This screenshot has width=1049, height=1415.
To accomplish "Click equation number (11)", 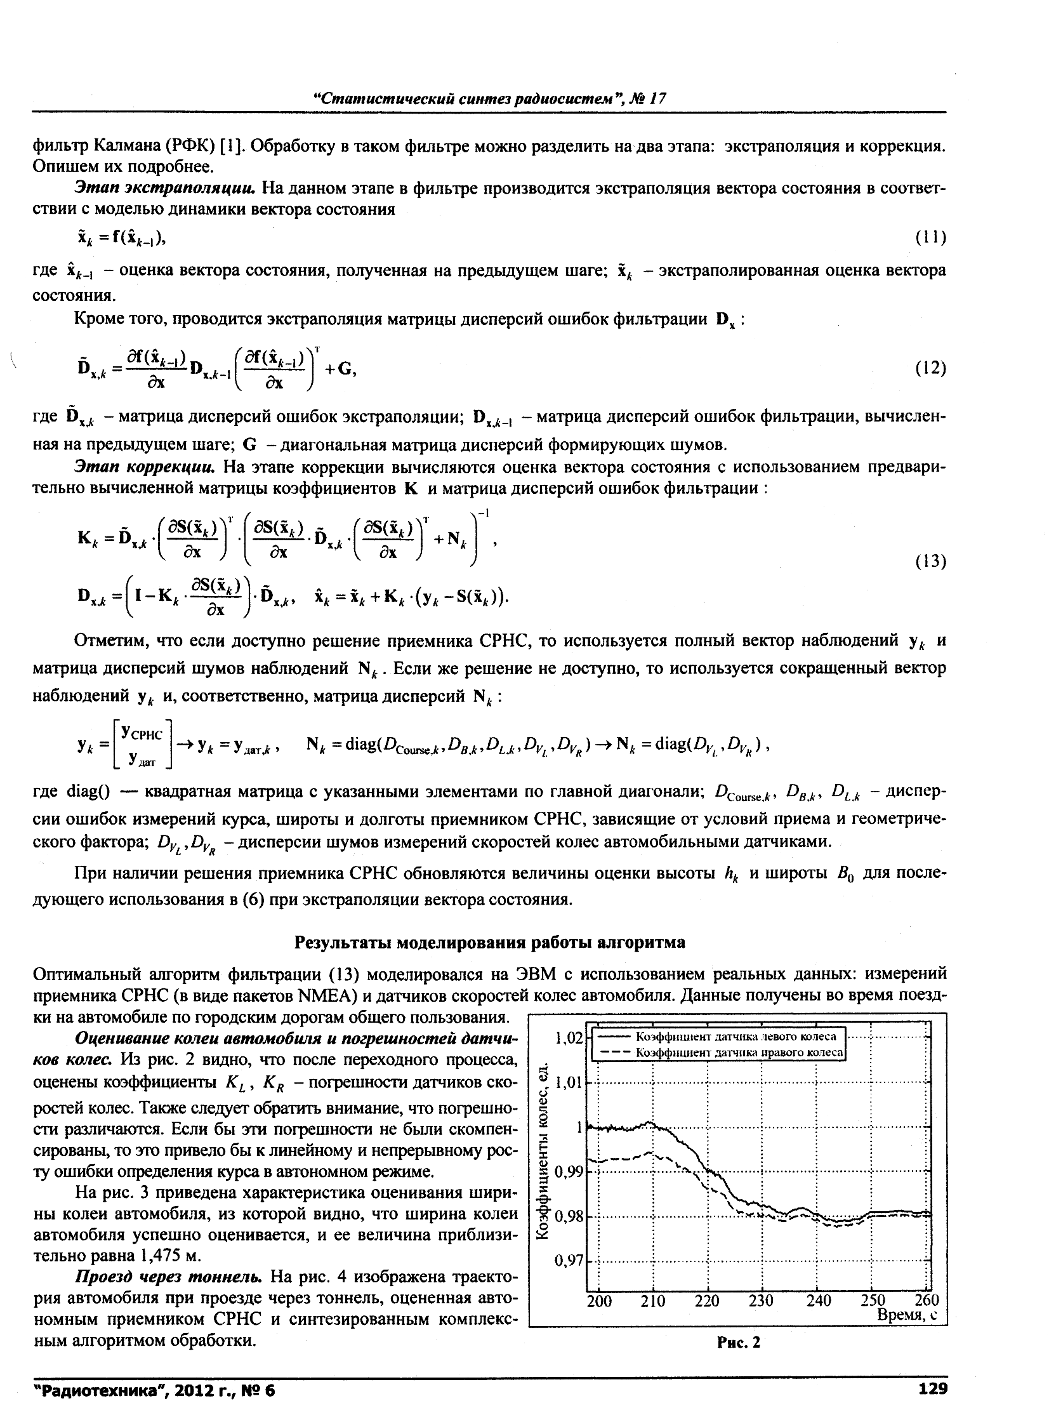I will click(931, 237).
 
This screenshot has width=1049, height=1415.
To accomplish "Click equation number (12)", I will click(931, 368).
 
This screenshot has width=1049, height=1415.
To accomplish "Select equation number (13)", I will click(931, 561).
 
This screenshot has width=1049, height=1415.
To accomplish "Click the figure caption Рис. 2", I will click(739, 1342).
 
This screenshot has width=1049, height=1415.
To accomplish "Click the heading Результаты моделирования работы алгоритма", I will click(489, 943).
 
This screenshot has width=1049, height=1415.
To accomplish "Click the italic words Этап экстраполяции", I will click(165, 189).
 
